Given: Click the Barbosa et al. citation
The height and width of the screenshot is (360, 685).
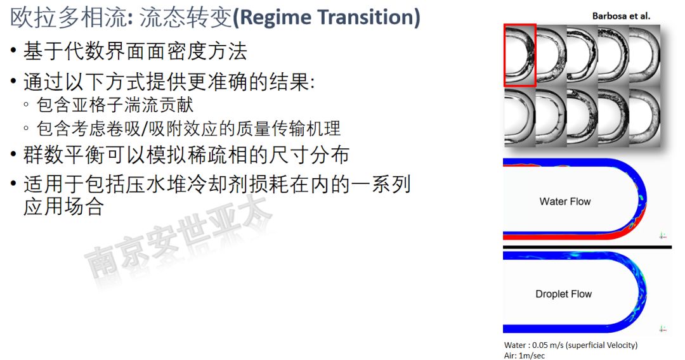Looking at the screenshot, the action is (x=621, y=16).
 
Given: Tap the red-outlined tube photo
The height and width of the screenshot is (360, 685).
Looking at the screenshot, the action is (x=520, y=55).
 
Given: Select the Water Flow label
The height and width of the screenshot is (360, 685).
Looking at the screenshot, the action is (x=565, y=202).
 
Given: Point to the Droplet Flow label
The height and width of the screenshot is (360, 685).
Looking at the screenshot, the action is (x=564, y=294).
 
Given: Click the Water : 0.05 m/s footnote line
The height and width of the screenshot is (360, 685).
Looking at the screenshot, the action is (x=571, y=345).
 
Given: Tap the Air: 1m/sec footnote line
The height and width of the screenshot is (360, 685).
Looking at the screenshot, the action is (x=525, y=356).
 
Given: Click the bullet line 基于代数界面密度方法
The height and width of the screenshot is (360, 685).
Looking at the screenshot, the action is (x=135, y=51).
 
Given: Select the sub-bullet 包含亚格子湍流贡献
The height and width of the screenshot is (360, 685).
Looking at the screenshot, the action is (x=115, y=105).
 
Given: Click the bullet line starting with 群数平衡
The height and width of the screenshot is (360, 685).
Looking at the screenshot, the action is (x=186, y=155).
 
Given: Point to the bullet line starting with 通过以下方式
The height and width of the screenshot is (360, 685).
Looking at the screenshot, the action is (x=169, y=82).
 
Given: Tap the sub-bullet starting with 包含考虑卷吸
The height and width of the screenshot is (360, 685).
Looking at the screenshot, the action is (x=188, y=129).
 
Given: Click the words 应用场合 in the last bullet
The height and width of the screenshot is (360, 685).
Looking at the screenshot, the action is (x=63, y=207).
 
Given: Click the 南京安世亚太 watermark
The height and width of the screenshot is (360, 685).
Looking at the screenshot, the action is (x=178, y=236).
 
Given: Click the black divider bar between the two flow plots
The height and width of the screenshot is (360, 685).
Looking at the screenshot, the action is (x=587, y=247).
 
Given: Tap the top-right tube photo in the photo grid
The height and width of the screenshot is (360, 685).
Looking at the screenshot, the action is (x=645, y=55).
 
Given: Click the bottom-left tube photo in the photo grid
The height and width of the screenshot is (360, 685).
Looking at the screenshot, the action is (x=519, y=117).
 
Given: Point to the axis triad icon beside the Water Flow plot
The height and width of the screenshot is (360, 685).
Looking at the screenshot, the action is (x=663, y=236).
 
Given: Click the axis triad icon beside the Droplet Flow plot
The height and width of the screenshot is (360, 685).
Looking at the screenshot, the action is (x=663, y=329).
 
